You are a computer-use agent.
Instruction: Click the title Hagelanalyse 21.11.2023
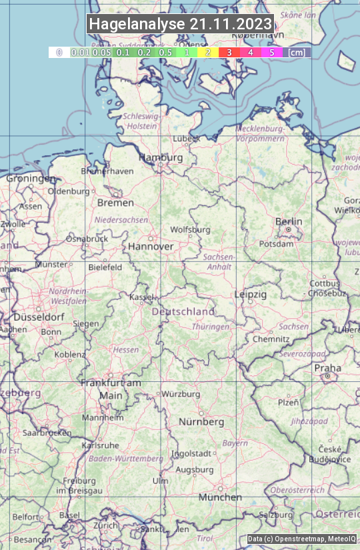pyautogui.click(x=180, y=24)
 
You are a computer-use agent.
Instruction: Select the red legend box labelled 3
pyautogui.click(x=229, y=52)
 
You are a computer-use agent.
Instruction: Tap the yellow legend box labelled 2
pyautogui.click(x=208, y=52)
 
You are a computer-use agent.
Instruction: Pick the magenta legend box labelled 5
pyautogui.click(x=271, y=52)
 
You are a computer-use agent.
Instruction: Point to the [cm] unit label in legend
pyautogui.click(x=297, y=52)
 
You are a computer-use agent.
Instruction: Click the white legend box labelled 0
pyautogui.click(x=59, y=52)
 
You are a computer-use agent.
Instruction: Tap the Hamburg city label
pyautogui.click(x=160, y=157)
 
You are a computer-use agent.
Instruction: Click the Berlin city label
pyautogui.click(x=289, y=221)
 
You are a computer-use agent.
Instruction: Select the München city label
pyautogui.click(x=220, y=497)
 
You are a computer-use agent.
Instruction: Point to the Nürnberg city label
pyautogui.click(x=201, y=422)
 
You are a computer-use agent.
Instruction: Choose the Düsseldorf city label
pyautogui.click(x=39, y=317)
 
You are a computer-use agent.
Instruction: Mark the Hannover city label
pyautogui.click(x=151, y=246)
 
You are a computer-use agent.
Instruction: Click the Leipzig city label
pyautogui.click(x=251, y=294)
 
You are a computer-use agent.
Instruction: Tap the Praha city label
pyautogui.click(x=327, y=368)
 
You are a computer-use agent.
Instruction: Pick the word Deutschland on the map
pyautogui.click(x=183, y=311)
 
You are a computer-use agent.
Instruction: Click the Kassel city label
pyautogui.click(x=141, y=297)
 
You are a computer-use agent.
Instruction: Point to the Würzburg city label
pyautogui.click(x=181, y=394)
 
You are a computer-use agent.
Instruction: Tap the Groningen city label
pyautogui.click(x=31, y=179)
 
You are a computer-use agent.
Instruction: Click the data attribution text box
pyautogui.click(x=301, y=539)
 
